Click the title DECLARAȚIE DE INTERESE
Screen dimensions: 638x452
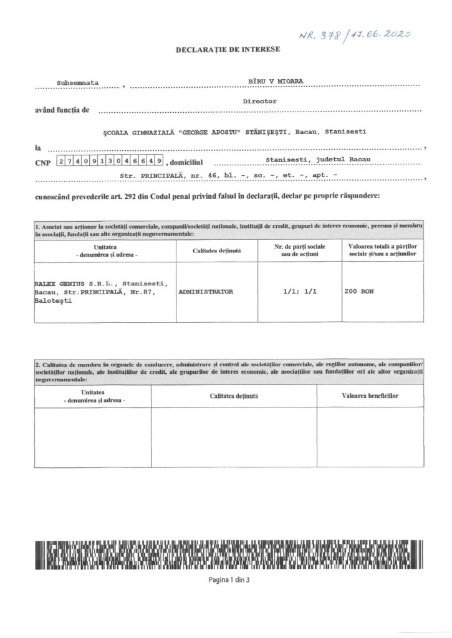229,49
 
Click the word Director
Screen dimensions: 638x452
260,100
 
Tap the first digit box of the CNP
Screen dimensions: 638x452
60,161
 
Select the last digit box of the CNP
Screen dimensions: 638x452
160,161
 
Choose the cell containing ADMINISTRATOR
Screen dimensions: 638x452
206,291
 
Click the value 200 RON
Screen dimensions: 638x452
358,291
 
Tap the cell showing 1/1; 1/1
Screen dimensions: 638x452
299,291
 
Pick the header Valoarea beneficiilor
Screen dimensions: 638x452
370,396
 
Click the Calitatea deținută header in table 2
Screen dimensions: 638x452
234,396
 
